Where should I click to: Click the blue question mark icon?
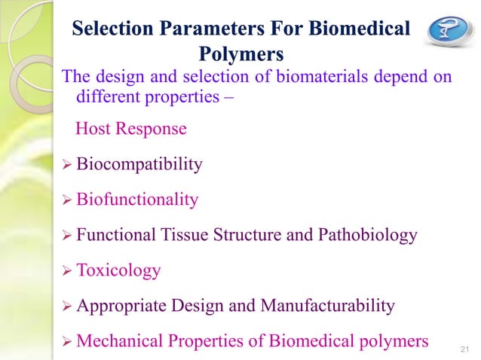(x=448, y=31)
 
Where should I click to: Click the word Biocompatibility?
(x=139, y=164)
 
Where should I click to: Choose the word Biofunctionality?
(x=137, y=200)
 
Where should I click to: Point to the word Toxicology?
(x=118, y=270)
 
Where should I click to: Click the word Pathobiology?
(x=365, y=235)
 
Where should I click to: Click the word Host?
(x=93, y=129)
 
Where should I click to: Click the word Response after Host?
(x=150, y=129)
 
